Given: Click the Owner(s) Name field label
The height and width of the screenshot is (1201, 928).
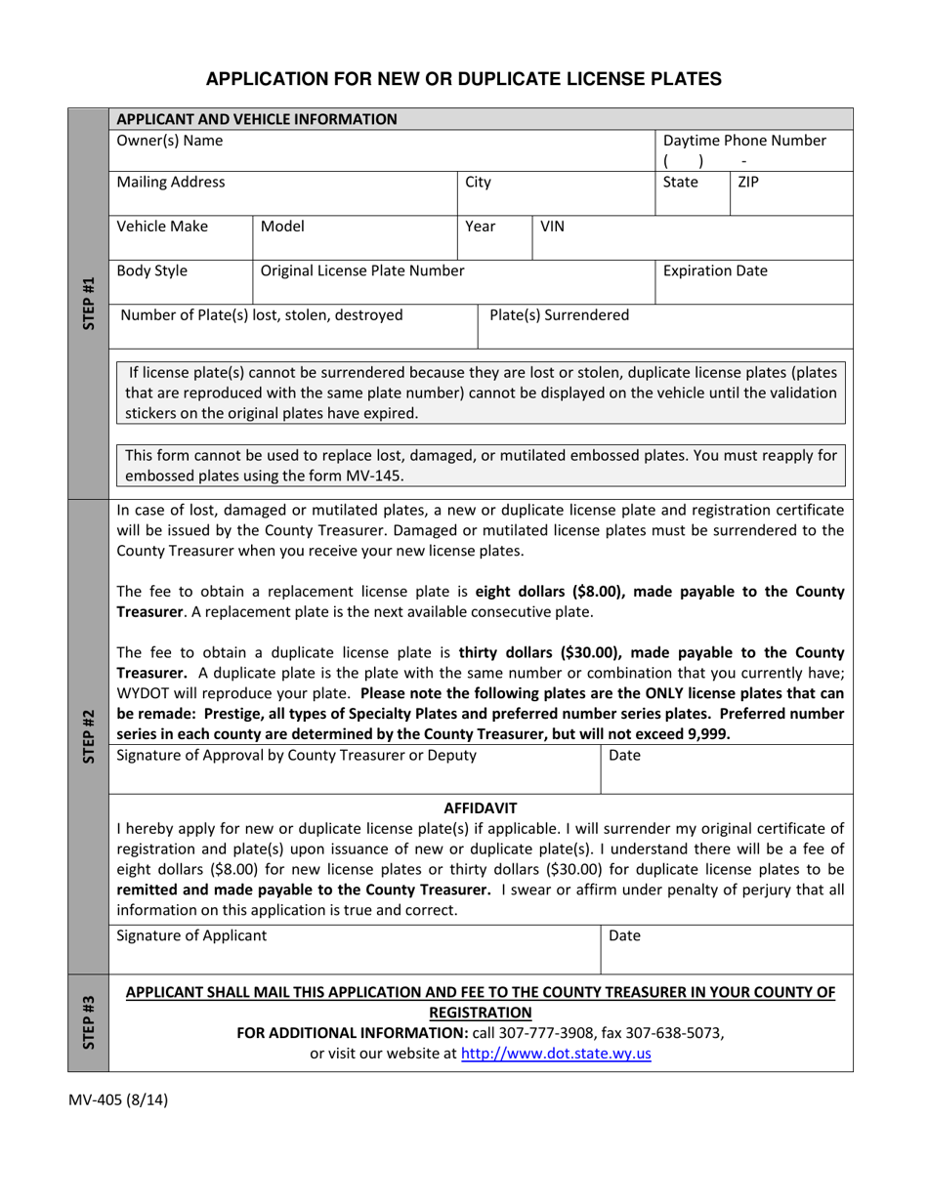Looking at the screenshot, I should click(169, 141).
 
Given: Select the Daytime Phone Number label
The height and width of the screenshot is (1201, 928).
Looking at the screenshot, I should click(744, 141).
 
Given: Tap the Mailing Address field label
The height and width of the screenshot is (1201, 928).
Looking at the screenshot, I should click(170, 182).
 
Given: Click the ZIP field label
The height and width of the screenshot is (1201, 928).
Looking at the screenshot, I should click(748, 182).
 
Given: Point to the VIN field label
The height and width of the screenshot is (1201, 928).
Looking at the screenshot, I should click(553, 227).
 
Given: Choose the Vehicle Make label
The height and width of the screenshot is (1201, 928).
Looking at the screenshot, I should click(162, 227).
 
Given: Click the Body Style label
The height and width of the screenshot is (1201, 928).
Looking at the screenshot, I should click(152, 270).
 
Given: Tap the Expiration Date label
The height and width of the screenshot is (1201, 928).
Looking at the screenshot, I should click(715, 270).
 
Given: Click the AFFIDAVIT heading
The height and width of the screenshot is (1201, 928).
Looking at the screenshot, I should click(481, 808).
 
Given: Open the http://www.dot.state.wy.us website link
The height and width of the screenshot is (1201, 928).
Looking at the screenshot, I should click(556, 1054).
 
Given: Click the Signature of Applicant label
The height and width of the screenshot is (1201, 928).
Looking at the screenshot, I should click(190, 935).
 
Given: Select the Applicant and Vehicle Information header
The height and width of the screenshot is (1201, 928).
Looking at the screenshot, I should click(257, 119).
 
